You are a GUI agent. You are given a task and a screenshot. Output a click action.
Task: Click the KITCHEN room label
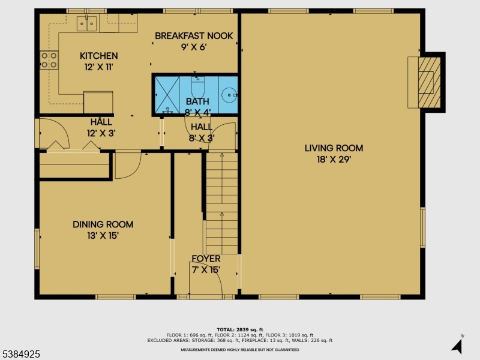[98, 56]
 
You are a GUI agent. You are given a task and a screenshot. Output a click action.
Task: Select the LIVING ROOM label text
[333, 148]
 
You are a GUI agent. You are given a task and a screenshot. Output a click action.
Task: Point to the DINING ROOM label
[103, 224]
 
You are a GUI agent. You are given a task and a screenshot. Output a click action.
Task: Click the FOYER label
[206, 259]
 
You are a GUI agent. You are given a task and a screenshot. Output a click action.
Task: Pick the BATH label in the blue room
[197, 101]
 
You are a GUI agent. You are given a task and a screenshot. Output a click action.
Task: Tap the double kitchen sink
[88, 24]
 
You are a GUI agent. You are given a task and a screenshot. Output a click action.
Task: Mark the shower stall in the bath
[167, 94]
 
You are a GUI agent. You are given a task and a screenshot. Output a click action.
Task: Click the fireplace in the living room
[426, 82]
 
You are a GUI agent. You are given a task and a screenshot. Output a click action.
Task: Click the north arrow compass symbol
[458, 345]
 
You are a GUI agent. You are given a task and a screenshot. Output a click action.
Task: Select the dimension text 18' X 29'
[333, 160]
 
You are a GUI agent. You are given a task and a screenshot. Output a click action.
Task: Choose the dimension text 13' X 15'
[103, 236]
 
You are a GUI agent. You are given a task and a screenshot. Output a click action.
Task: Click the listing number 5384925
[21, 355]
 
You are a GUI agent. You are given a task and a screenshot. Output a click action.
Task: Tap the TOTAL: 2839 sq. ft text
[239, 329]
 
